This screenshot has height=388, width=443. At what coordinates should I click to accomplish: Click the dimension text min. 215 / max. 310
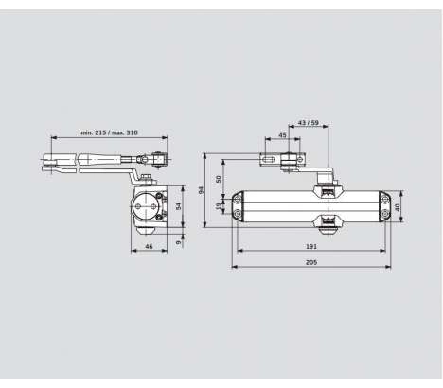pos(109,132)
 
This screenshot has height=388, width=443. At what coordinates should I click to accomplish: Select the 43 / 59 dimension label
pos(309,123)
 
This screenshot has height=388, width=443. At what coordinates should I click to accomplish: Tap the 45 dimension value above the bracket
pos(283,135)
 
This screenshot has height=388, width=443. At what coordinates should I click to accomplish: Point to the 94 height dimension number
pos(201,190)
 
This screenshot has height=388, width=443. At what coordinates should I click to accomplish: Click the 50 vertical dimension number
pos(219,179)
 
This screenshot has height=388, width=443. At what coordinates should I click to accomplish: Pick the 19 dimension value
pos(219,206)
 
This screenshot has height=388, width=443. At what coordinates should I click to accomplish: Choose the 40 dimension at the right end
pos(398,207)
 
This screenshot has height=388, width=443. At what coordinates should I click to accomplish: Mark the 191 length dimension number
pos(311,246)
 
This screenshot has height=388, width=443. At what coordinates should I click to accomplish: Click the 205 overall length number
pos(311,262)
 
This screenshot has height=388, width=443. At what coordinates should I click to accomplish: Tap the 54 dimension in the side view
pos(179,206)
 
